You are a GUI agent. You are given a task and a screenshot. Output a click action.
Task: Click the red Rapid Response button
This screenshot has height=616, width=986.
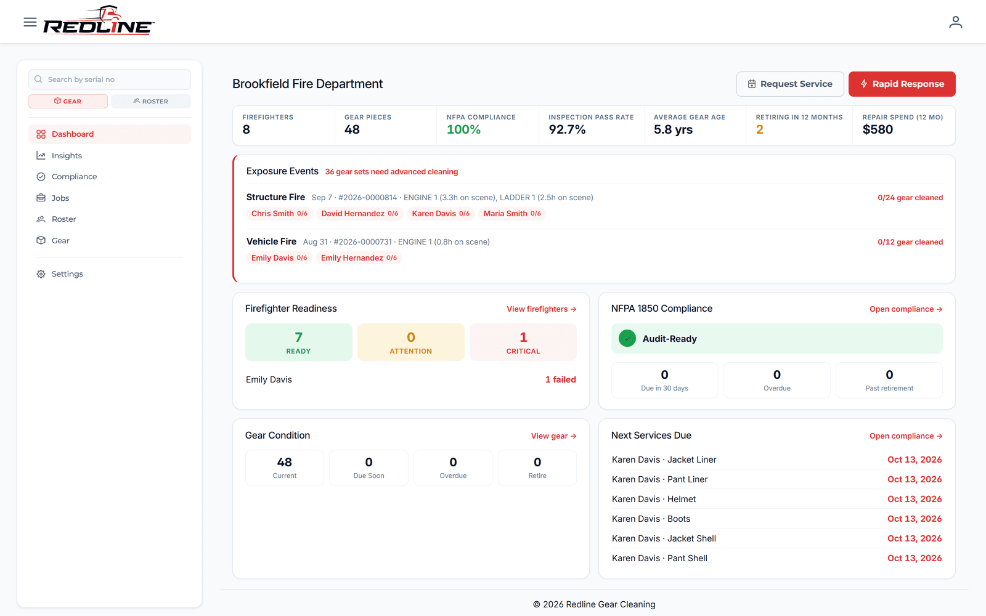point(902,84)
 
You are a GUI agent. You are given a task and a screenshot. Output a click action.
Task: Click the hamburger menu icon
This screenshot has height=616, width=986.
point(30,22)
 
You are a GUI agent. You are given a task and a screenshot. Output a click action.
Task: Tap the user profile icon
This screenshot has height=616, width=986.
point(956,22)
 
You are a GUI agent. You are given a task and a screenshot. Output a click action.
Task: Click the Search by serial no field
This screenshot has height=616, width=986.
point(110,79)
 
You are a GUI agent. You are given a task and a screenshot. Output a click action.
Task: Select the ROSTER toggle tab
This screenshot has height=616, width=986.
point(151,101)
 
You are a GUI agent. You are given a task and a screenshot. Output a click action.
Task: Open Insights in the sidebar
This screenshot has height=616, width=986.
point(67,155)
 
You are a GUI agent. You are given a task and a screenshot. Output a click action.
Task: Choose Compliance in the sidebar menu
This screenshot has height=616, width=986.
point(74,176)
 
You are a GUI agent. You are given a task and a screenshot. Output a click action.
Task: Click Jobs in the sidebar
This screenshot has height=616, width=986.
point(60,198)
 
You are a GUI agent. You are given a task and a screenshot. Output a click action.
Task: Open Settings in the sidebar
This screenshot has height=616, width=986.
point(67,274)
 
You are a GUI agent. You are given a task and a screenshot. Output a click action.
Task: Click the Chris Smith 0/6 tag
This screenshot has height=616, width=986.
point(279,213)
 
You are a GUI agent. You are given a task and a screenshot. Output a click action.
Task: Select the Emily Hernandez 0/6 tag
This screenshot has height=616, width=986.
point(359,258)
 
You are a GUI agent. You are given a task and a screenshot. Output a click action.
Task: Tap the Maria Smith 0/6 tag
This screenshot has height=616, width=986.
point(512,213)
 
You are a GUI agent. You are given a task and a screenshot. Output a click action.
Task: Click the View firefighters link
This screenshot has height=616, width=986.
point(542,309)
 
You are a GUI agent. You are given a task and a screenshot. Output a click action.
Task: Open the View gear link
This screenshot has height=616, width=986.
point(554,436)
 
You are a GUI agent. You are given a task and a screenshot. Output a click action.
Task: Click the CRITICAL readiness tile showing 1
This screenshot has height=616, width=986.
point(523,342)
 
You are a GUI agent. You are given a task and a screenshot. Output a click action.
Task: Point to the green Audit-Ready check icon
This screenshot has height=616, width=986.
point(627,338)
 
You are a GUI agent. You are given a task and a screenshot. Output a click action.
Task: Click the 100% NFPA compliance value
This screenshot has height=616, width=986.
point(463,129)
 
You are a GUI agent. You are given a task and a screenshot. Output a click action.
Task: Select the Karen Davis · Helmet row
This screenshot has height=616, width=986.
point(776,499)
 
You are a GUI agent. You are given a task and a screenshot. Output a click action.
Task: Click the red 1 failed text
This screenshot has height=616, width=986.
point(560,379)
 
